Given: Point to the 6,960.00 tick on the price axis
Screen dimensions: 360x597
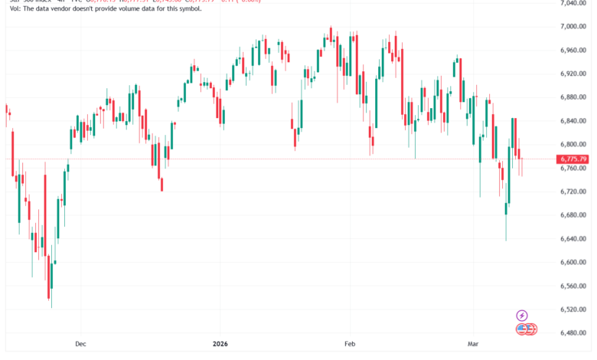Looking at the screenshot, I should coord(573,50).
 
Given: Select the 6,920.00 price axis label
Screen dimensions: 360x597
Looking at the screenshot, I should coord(573,74).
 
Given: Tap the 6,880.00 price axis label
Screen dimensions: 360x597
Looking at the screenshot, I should coord(573,97).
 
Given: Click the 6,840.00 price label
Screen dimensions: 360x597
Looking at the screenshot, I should coord(573,121).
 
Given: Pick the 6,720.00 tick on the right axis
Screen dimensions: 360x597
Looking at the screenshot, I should coord(573,191).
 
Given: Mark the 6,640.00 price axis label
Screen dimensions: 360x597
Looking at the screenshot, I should coord(573,239).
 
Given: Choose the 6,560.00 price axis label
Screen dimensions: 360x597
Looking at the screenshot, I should coord(573,286).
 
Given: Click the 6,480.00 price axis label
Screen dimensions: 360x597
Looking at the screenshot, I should coord(573,333).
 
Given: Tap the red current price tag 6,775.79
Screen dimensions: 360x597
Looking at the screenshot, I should coord(573,159).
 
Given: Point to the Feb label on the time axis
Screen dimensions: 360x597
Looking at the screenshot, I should coord(350,345).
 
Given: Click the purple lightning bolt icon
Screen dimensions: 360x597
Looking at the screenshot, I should coord(522,315).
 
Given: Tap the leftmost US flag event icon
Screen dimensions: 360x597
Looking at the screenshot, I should coord(521,329).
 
